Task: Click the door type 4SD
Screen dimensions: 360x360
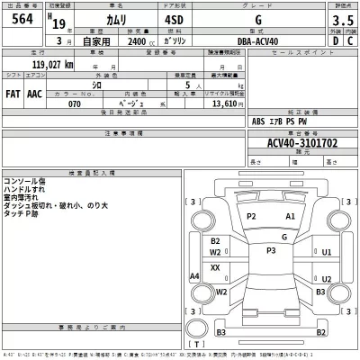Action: (174, 22)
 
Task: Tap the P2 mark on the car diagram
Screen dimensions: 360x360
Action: (252, 217)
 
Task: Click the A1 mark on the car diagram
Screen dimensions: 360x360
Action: (290, 217)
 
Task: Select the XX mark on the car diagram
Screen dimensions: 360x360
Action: (215, 267)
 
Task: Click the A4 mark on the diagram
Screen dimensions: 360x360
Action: (194, 276)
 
